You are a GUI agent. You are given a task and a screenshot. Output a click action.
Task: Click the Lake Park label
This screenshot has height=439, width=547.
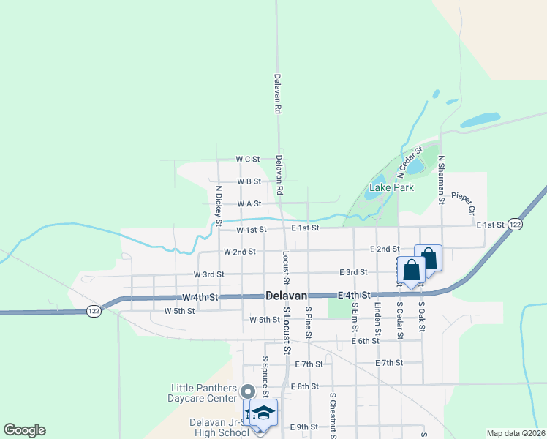coord(391,187)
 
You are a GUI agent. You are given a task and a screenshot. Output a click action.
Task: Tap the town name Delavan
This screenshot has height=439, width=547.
coord(285,296)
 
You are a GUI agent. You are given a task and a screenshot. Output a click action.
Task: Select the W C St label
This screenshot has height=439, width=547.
coord(248,159)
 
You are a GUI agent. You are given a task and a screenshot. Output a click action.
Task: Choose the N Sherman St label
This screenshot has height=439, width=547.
coord(442,179)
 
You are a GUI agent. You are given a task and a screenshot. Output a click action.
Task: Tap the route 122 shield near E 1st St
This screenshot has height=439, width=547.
coord(515,225)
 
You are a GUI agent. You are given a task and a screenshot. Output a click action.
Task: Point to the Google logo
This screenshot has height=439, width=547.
coord(24,430)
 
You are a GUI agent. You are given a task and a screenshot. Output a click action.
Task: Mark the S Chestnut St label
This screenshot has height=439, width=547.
coord(332,416)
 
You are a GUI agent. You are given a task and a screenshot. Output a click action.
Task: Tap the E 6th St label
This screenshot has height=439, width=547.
coord(365,340)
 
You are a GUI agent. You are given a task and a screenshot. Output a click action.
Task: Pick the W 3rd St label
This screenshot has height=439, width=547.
coord(208,274)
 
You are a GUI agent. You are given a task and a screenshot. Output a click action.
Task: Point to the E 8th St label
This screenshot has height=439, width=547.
coord(304,386)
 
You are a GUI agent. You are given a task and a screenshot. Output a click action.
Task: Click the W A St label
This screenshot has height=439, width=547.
coord(248,203)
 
